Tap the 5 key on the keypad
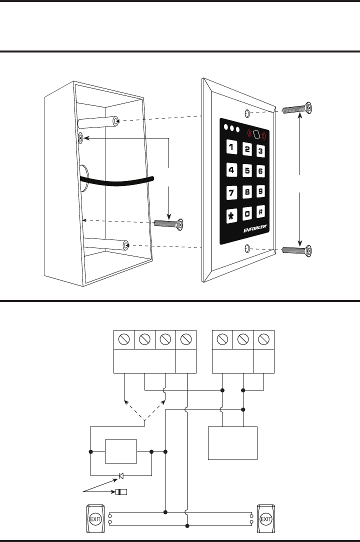(247, 170)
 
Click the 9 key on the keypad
(260, 191)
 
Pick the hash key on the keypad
(260, 212)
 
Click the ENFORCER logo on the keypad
(254, 231)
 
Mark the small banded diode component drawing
(121, 492)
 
